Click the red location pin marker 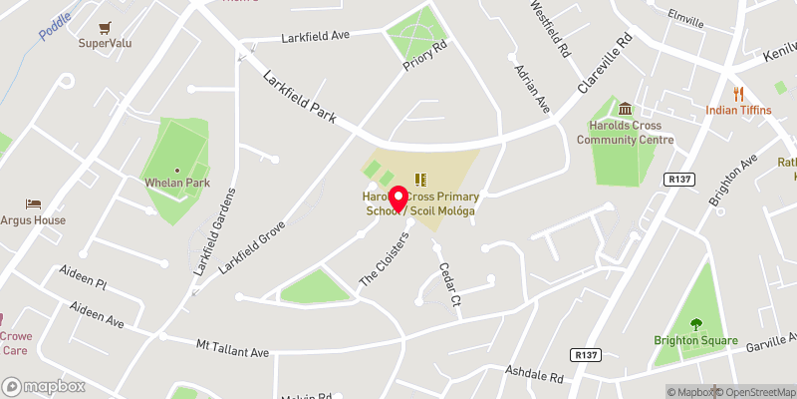tap(397, 199)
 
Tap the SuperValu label tap(107, 43)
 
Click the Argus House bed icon tap(34, 203)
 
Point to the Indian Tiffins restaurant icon tap(738, 93)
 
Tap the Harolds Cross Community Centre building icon tap(626, 109)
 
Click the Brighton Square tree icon tap(695, 323)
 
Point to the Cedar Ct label tap(446, 285)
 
